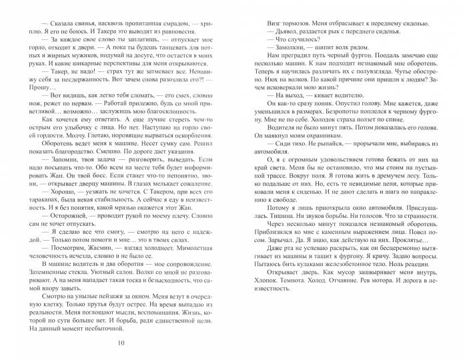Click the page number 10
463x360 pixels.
pos(120,343)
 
